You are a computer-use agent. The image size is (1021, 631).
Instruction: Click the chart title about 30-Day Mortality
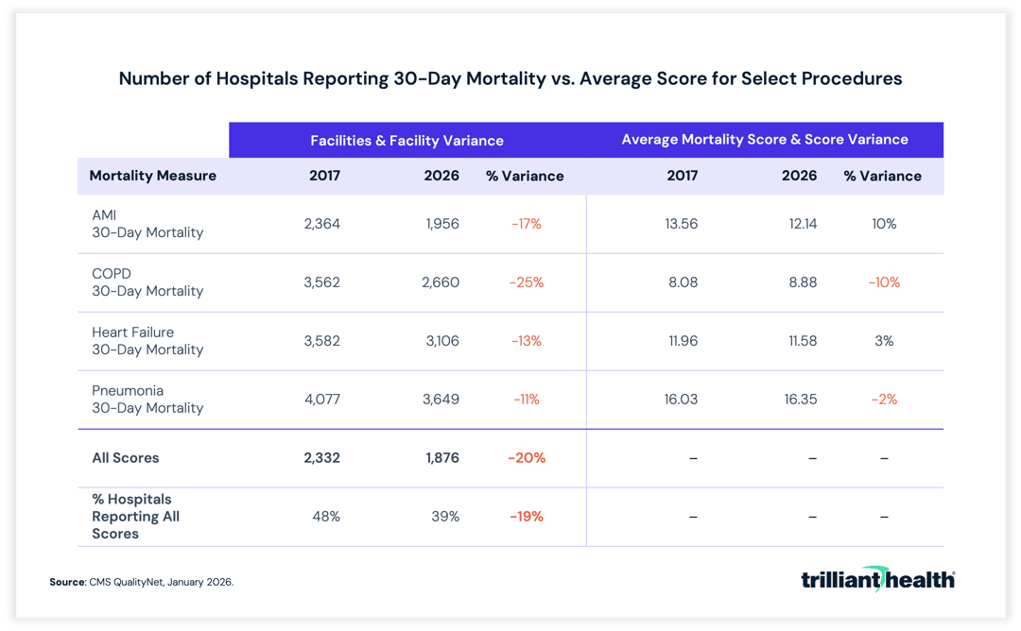510,78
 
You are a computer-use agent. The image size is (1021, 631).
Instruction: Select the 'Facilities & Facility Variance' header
407,140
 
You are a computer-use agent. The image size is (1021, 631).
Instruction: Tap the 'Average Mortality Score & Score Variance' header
764,140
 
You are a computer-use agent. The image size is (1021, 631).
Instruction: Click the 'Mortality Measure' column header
152,176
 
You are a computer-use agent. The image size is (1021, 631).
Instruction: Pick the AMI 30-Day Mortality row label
147,224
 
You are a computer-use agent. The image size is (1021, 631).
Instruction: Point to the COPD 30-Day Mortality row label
147,282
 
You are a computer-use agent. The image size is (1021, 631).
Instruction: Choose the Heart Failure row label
147,341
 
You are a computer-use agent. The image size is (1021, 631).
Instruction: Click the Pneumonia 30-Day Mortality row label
147,400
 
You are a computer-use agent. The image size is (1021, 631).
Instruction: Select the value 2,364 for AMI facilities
321,224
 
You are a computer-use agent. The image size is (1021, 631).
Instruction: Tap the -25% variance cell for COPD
527,282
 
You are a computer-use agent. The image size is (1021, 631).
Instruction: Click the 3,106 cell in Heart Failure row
441,341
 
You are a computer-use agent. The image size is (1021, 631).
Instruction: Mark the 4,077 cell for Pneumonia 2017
321,400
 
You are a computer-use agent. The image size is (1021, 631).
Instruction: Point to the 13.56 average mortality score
681,224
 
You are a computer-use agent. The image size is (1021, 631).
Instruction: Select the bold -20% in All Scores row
527,458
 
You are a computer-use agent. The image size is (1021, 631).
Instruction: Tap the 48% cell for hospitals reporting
326,517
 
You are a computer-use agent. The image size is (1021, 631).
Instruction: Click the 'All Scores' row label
126,458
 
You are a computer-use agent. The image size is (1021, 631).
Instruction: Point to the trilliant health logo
877,579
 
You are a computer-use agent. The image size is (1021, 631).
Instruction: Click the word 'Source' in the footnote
66,583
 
